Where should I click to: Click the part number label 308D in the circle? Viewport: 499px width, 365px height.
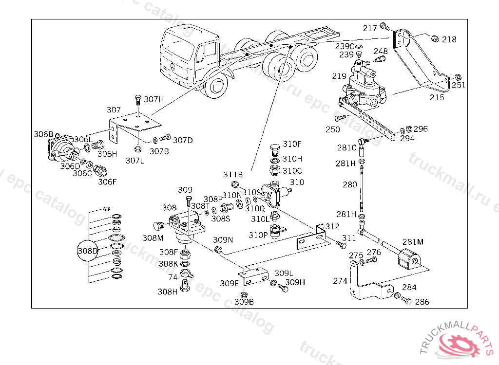[88, 251]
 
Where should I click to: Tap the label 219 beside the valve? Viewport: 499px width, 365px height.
[339, 76]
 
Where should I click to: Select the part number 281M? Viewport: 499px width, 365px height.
[413, 242]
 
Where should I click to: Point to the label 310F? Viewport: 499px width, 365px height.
[292, 144]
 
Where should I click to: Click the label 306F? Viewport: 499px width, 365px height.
[107, 182]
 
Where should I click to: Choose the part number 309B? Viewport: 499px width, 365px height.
[244, 302]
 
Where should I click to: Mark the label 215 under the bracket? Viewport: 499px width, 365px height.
[437, 98]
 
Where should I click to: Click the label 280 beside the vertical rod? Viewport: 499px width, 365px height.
[350, 185]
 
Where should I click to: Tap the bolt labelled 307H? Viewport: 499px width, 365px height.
[138, 100]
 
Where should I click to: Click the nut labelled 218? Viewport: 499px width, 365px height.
[435, 39]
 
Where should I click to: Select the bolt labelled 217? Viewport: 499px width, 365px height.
[385, 26]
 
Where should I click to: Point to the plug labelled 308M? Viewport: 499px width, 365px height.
[158, 226]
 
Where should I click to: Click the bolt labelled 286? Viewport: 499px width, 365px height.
[406, 300]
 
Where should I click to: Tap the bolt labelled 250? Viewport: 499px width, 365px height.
[339, 119]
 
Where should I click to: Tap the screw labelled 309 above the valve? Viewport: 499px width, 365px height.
[188, 202]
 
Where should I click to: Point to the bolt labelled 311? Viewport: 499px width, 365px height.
[341, 244]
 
